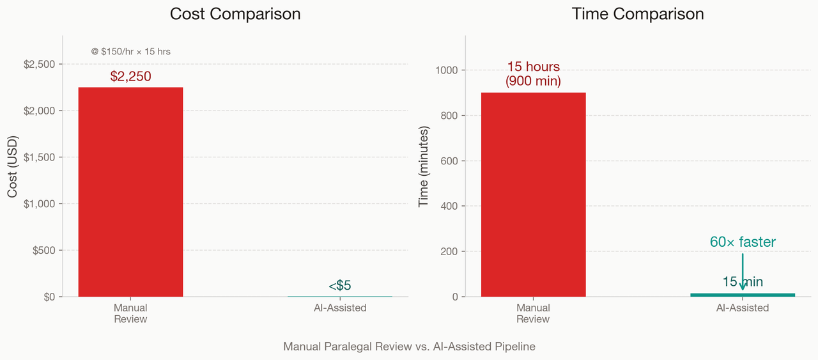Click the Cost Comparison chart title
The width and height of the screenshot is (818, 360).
point(235,14)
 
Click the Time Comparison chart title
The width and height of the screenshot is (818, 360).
point(637,14)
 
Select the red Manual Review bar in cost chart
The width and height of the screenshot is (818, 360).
point(130,192)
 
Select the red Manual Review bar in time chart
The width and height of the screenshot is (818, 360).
point(533,194)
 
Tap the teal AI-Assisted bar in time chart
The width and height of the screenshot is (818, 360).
point(743,295)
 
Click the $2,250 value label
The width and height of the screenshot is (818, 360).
point(130,76)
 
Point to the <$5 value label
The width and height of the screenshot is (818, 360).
point(340,286)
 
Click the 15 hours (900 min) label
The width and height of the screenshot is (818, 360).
point(533,74)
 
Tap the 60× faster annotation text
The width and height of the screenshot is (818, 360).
point(743,242)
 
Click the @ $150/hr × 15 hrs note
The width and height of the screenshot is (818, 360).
point(130,51)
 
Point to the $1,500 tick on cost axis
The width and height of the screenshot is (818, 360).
point(40,157)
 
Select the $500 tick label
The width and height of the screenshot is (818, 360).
point(43,250)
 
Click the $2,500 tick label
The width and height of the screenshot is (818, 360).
point(40,64)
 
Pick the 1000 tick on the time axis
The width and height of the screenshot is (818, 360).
point(447,70)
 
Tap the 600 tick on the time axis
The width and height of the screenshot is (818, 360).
point(449,160)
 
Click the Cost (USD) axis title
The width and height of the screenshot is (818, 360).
point(13,166)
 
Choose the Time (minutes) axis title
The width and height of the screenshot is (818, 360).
point(423,166)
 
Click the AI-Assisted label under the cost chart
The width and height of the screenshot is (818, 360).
point(340,308)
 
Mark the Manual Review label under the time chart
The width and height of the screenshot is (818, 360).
point(533,313)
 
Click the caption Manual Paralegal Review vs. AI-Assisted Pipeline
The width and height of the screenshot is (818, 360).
point(409,347)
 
